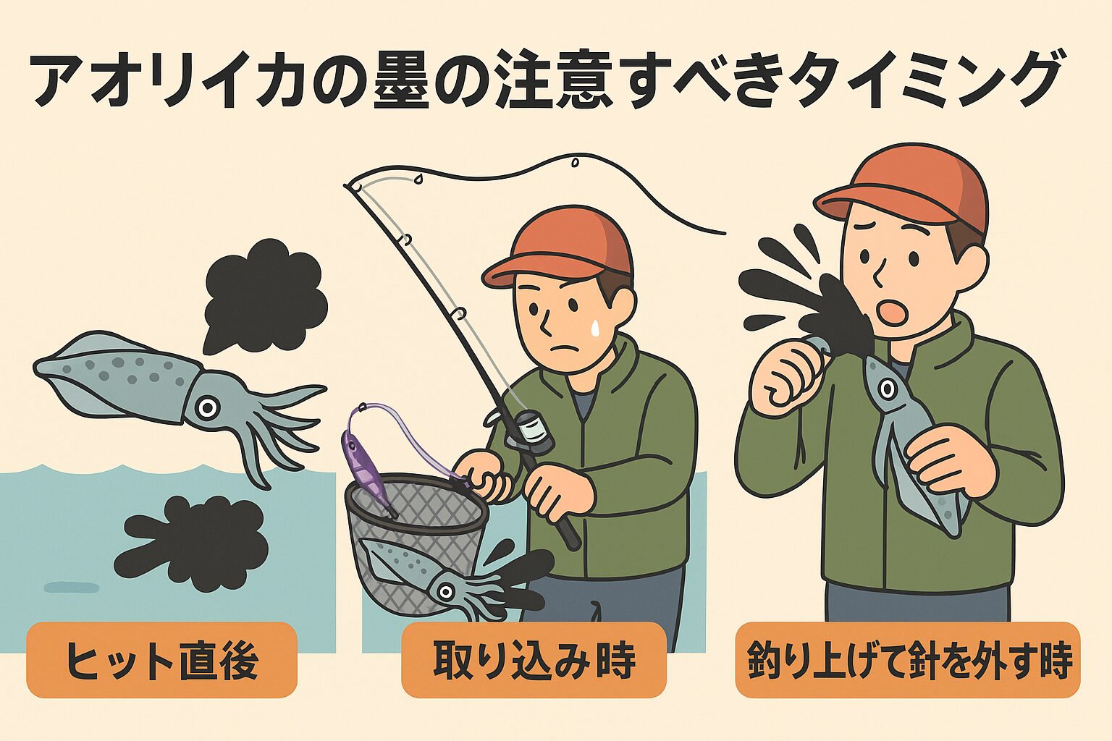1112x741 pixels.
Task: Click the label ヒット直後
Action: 161,660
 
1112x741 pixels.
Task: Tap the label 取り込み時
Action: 534,660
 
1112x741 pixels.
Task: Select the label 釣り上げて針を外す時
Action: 908,660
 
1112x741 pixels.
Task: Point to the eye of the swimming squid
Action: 207,408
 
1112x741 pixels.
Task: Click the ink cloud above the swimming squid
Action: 265,297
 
